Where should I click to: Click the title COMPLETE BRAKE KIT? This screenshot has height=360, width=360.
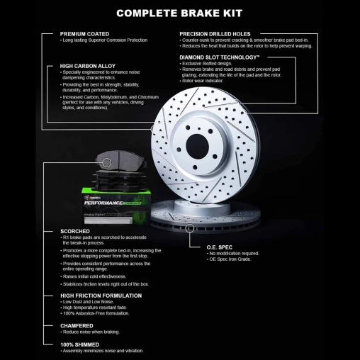coord(180,13)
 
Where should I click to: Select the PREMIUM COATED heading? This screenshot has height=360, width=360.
coord(85,33)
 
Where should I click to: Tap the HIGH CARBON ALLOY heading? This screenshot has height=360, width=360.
coord(88,66)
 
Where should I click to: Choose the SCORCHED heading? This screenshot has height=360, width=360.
coord(75,231)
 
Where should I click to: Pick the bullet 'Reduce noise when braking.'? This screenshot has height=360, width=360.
coord(91,332)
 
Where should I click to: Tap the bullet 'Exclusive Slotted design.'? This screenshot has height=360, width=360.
coord(210,63)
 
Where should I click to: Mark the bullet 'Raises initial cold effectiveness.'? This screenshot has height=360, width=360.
coord(95,276)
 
